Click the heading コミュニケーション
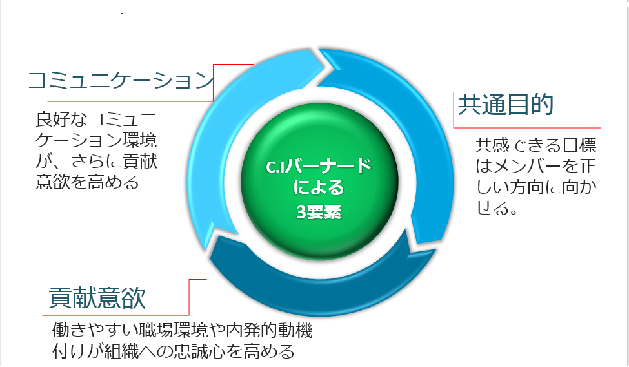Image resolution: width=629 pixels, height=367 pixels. click(x=121, y=80)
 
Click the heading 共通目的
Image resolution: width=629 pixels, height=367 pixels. click(x=505, y=105)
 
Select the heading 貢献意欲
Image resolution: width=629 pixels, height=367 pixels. click(x=97, y=298)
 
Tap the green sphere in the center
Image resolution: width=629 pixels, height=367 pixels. click(x=319, y=181)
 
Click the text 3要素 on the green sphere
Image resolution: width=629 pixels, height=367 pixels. click(x=319, y=212)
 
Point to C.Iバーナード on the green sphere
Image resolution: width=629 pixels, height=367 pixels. click(x=319, y=167)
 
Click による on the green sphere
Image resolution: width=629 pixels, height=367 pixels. click(x=319, y=188)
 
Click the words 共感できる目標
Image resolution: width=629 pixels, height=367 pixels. click(x=536, y=145)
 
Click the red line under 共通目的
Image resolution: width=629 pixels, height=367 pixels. click(x=526, y=128)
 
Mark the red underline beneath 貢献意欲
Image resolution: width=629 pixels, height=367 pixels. click(x=115, y=315)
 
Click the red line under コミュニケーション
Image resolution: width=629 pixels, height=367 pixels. click(x=130, y=101)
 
